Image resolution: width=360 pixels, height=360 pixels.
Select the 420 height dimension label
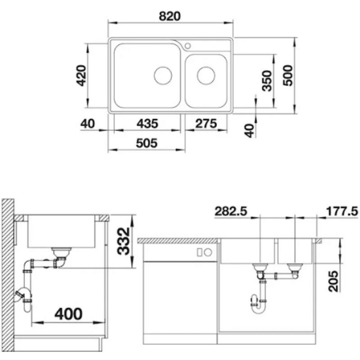pyautogui.click(x=82, y=75)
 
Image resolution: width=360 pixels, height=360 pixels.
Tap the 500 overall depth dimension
pyautogui.click(x=288, y=75)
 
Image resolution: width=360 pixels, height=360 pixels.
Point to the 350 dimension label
pyautogui.click(x=267, y=81)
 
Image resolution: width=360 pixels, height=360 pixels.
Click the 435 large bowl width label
pyautogui.click(x=147, y=124)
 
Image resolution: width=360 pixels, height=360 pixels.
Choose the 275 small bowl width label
pyautogui.click(x=206, y=124)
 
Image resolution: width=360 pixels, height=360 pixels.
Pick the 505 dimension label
pyautogui.click(x=147, y=143)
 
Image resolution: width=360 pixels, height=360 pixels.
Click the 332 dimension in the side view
pyautogui.click(x=124, y=241)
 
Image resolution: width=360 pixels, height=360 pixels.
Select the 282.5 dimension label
pyautogui.click(x=231, y=211)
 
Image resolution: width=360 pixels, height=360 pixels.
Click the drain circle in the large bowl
pyautogui.click(x=163, y=75)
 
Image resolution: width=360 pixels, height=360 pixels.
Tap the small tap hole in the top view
pyautogui.click(x=188, y=46)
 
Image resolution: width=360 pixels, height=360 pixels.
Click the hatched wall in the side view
pyautogui.click(x=8, y=274)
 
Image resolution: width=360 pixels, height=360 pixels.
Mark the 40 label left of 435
pyautogui.click(x=87, y=124)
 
